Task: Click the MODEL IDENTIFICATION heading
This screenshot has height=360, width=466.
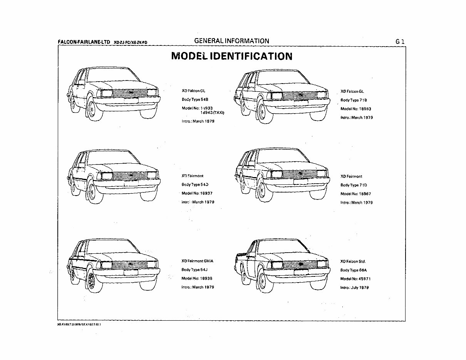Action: [231, 56]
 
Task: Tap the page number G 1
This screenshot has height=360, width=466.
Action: [399, 41]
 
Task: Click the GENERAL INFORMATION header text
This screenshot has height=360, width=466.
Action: [231, 41]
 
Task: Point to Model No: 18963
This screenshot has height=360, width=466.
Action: [355, 109]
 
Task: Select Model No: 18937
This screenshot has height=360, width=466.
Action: [197, 193]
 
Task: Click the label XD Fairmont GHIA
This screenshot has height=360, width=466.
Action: [197, 261]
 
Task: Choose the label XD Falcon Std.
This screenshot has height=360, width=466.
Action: [353, 261]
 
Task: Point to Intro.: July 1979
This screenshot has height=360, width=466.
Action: [354, 288]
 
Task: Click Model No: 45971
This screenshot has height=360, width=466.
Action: [355, 279]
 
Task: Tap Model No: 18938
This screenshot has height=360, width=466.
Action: [197, 278]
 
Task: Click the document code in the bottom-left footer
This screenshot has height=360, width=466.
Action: [79, 325]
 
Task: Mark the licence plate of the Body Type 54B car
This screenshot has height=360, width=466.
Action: [131, 101]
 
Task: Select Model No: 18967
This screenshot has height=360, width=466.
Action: [355, 194]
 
